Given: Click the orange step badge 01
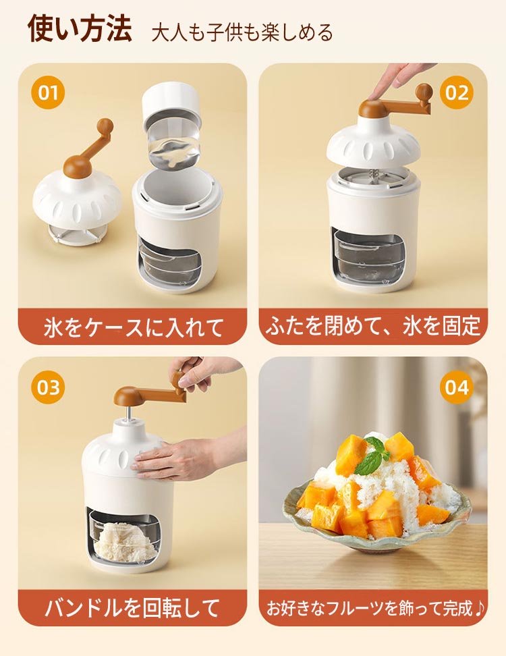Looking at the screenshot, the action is pos(48,92).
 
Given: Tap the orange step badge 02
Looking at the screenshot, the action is pos(457,92).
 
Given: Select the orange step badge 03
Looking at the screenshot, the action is pos(48,387).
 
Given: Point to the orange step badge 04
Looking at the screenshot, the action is pos(457,387).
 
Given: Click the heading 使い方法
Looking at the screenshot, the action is pos(80,29).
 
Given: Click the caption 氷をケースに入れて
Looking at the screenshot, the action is pos(134,327).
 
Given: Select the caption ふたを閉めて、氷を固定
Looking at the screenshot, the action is pos(372,327).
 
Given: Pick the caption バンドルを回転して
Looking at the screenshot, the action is pos(132,607).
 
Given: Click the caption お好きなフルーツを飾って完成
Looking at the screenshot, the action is pos(375,608).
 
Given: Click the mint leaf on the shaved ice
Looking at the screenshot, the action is pos(370,456).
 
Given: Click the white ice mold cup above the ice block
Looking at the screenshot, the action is pos(172,103).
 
